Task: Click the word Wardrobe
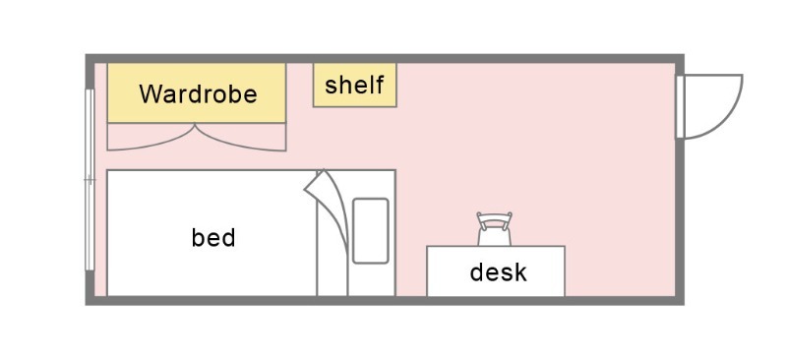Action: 198,93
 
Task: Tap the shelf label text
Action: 354,85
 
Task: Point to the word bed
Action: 213,237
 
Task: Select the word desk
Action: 499,272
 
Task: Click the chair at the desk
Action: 495,229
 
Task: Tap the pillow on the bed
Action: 371,231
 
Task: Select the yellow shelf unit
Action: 355,85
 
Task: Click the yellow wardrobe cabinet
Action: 197,92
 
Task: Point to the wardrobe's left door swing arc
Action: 151,143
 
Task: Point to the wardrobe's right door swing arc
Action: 241,143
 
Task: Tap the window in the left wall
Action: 90,179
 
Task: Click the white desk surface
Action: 496,271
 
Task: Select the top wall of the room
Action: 385,58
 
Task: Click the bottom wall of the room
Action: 385,300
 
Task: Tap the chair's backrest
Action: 495,220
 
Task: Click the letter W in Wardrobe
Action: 151,93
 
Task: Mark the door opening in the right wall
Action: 680,106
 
